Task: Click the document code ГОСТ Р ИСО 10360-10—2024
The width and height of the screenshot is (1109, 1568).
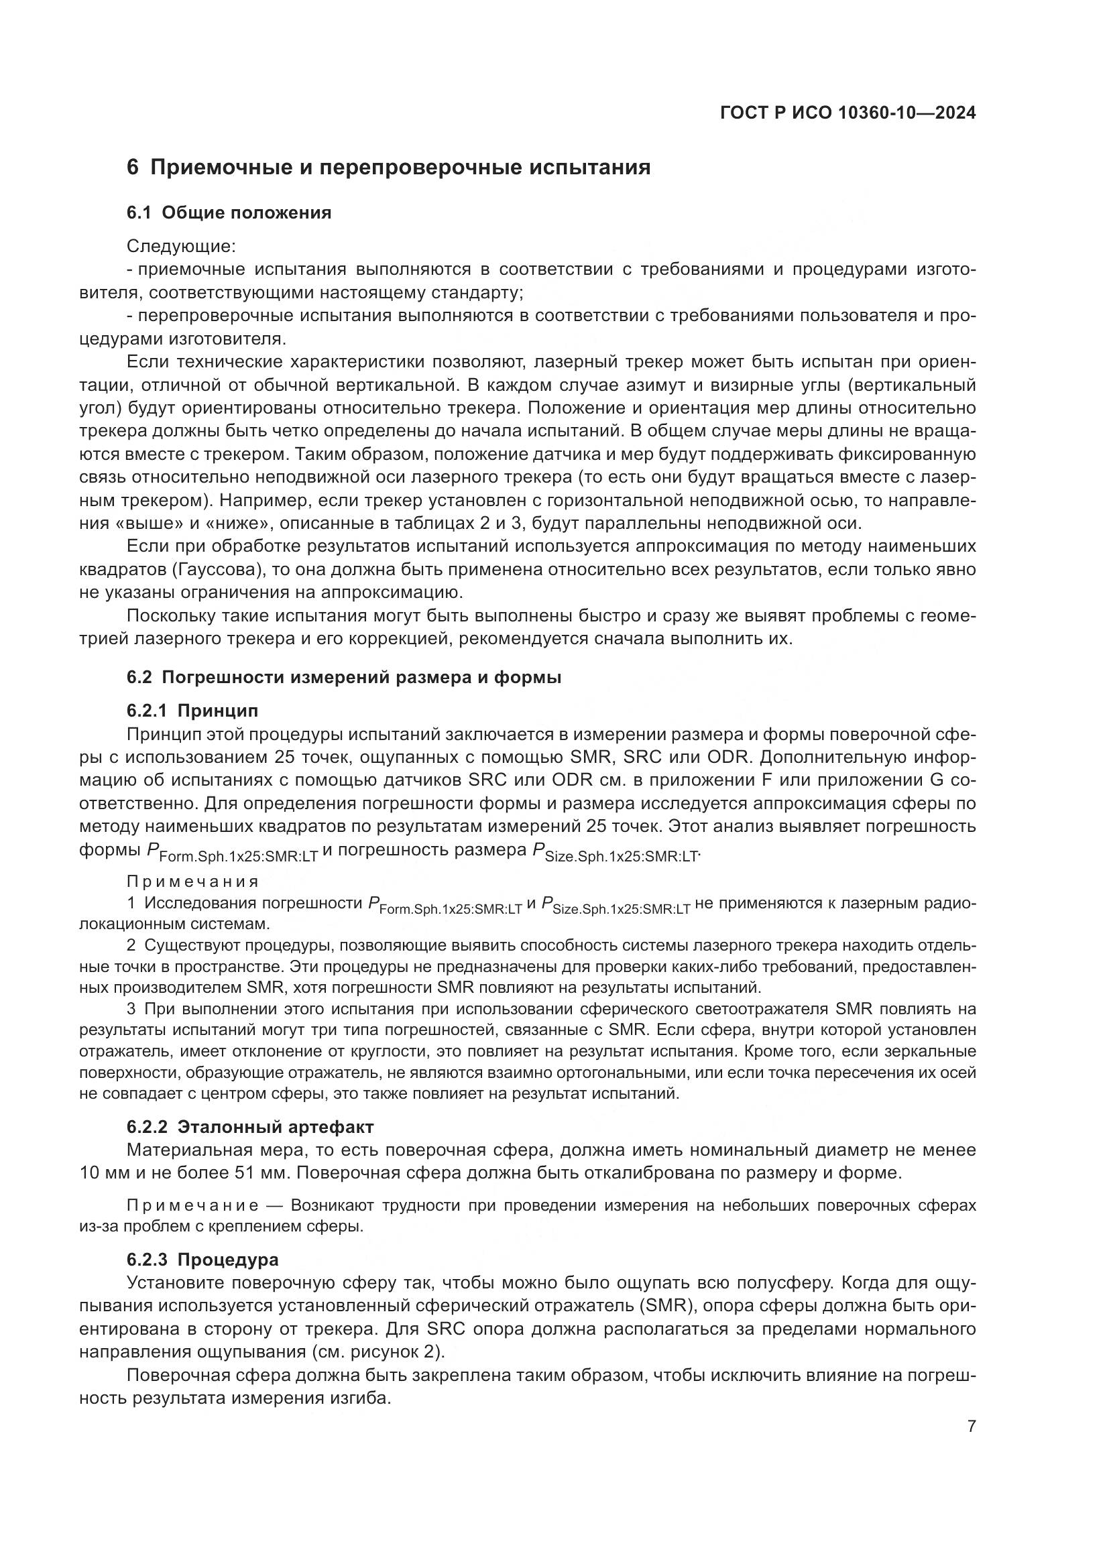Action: (848, 113)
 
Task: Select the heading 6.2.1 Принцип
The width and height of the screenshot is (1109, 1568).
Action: (192, 711)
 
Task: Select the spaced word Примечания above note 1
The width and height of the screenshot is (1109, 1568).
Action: (192, 882)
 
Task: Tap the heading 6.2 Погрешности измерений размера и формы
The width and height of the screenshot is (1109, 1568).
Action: (343, 678)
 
